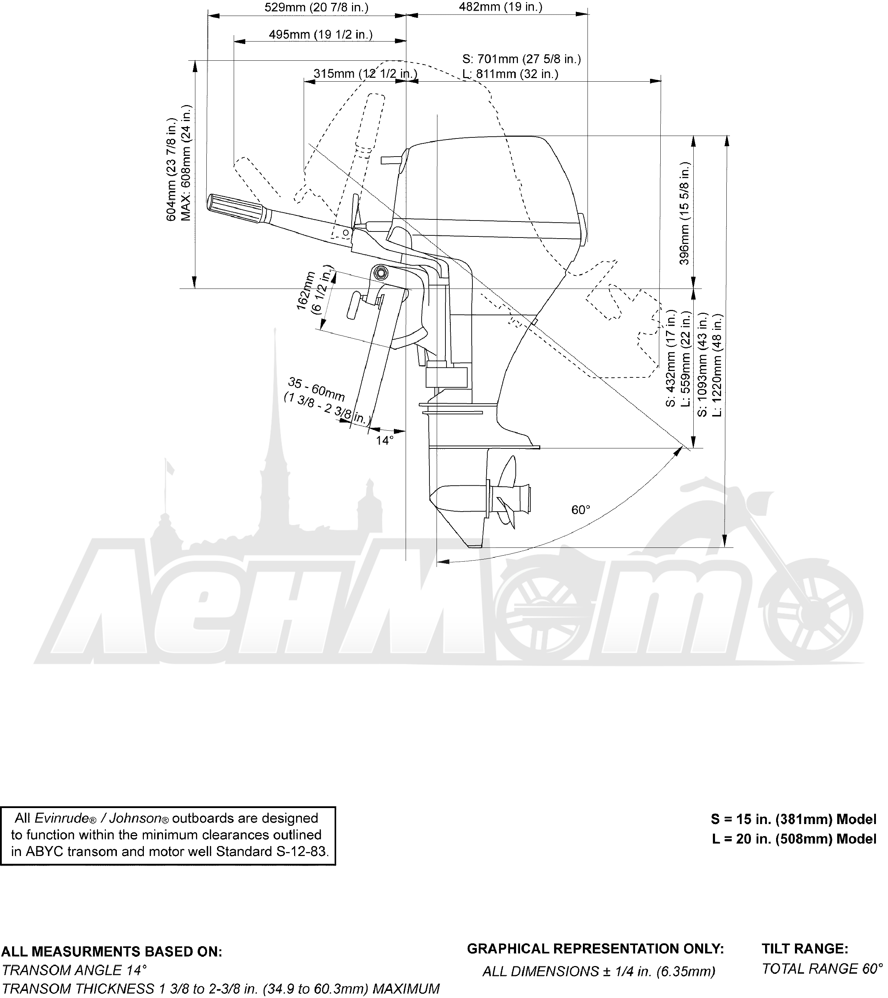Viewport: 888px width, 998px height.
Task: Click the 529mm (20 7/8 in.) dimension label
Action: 316,7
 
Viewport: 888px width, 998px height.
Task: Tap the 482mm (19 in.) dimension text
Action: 501,7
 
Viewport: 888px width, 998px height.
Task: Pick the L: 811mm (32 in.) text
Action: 510,74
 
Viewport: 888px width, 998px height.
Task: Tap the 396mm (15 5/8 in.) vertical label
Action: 685,213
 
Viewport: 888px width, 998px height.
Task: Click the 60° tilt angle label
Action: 581,510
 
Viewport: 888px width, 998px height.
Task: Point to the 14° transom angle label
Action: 384,440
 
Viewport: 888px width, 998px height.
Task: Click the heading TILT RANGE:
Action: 805,949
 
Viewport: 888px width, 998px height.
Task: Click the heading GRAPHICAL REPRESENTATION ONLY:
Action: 595,949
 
